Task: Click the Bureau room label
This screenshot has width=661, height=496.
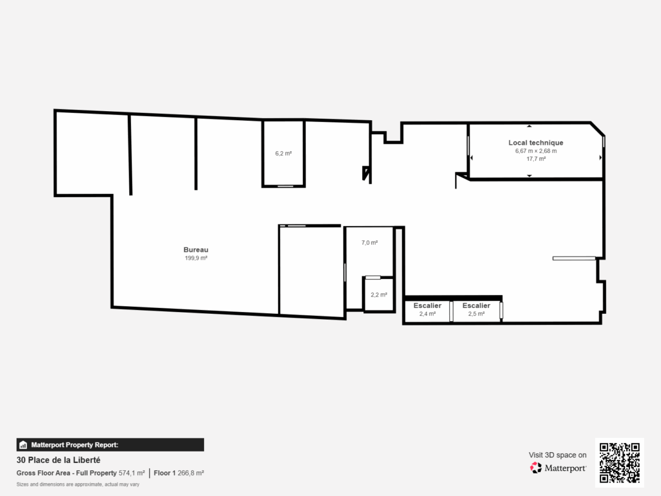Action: point(196,250)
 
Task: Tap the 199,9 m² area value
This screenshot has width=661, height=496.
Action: point(196,258)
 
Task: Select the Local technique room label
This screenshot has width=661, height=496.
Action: point(536,143)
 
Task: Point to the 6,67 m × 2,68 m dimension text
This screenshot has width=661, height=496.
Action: point(536,150)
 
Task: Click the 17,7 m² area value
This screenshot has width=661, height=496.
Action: point(536,158)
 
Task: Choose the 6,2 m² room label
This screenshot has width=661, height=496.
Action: point(283,154)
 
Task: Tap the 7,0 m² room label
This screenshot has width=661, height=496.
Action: point(369,243)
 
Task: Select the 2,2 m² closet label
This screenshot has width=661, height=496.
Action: point(378,294)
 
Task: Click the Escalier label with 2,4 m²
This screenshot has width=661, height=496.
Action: point(427,305)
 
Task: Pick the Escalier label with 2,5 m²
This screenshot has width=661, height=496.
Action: point(476,305)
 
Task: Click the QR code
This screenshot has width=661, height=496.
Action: point(620,462)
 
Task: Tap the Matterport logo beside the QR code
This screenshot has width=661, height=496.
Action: point(558,468)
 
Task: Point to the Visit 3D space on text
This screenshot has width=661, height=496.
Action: point(558,455)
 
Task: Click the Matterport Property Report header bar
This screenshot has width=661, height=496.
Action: point(110,444)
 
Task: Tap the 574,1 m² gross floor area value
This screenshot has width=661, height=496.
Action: point(132,473)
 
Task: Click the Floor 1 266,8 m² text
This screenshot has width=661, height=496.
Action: point(179,473)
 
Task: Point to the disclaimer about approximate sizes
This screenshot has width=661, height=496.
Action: point(78,484)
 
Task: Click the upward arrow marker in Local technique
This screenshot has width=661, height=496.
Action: point(529,127)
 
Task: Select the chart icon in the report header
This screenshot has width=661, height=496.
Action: point(23,445)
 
